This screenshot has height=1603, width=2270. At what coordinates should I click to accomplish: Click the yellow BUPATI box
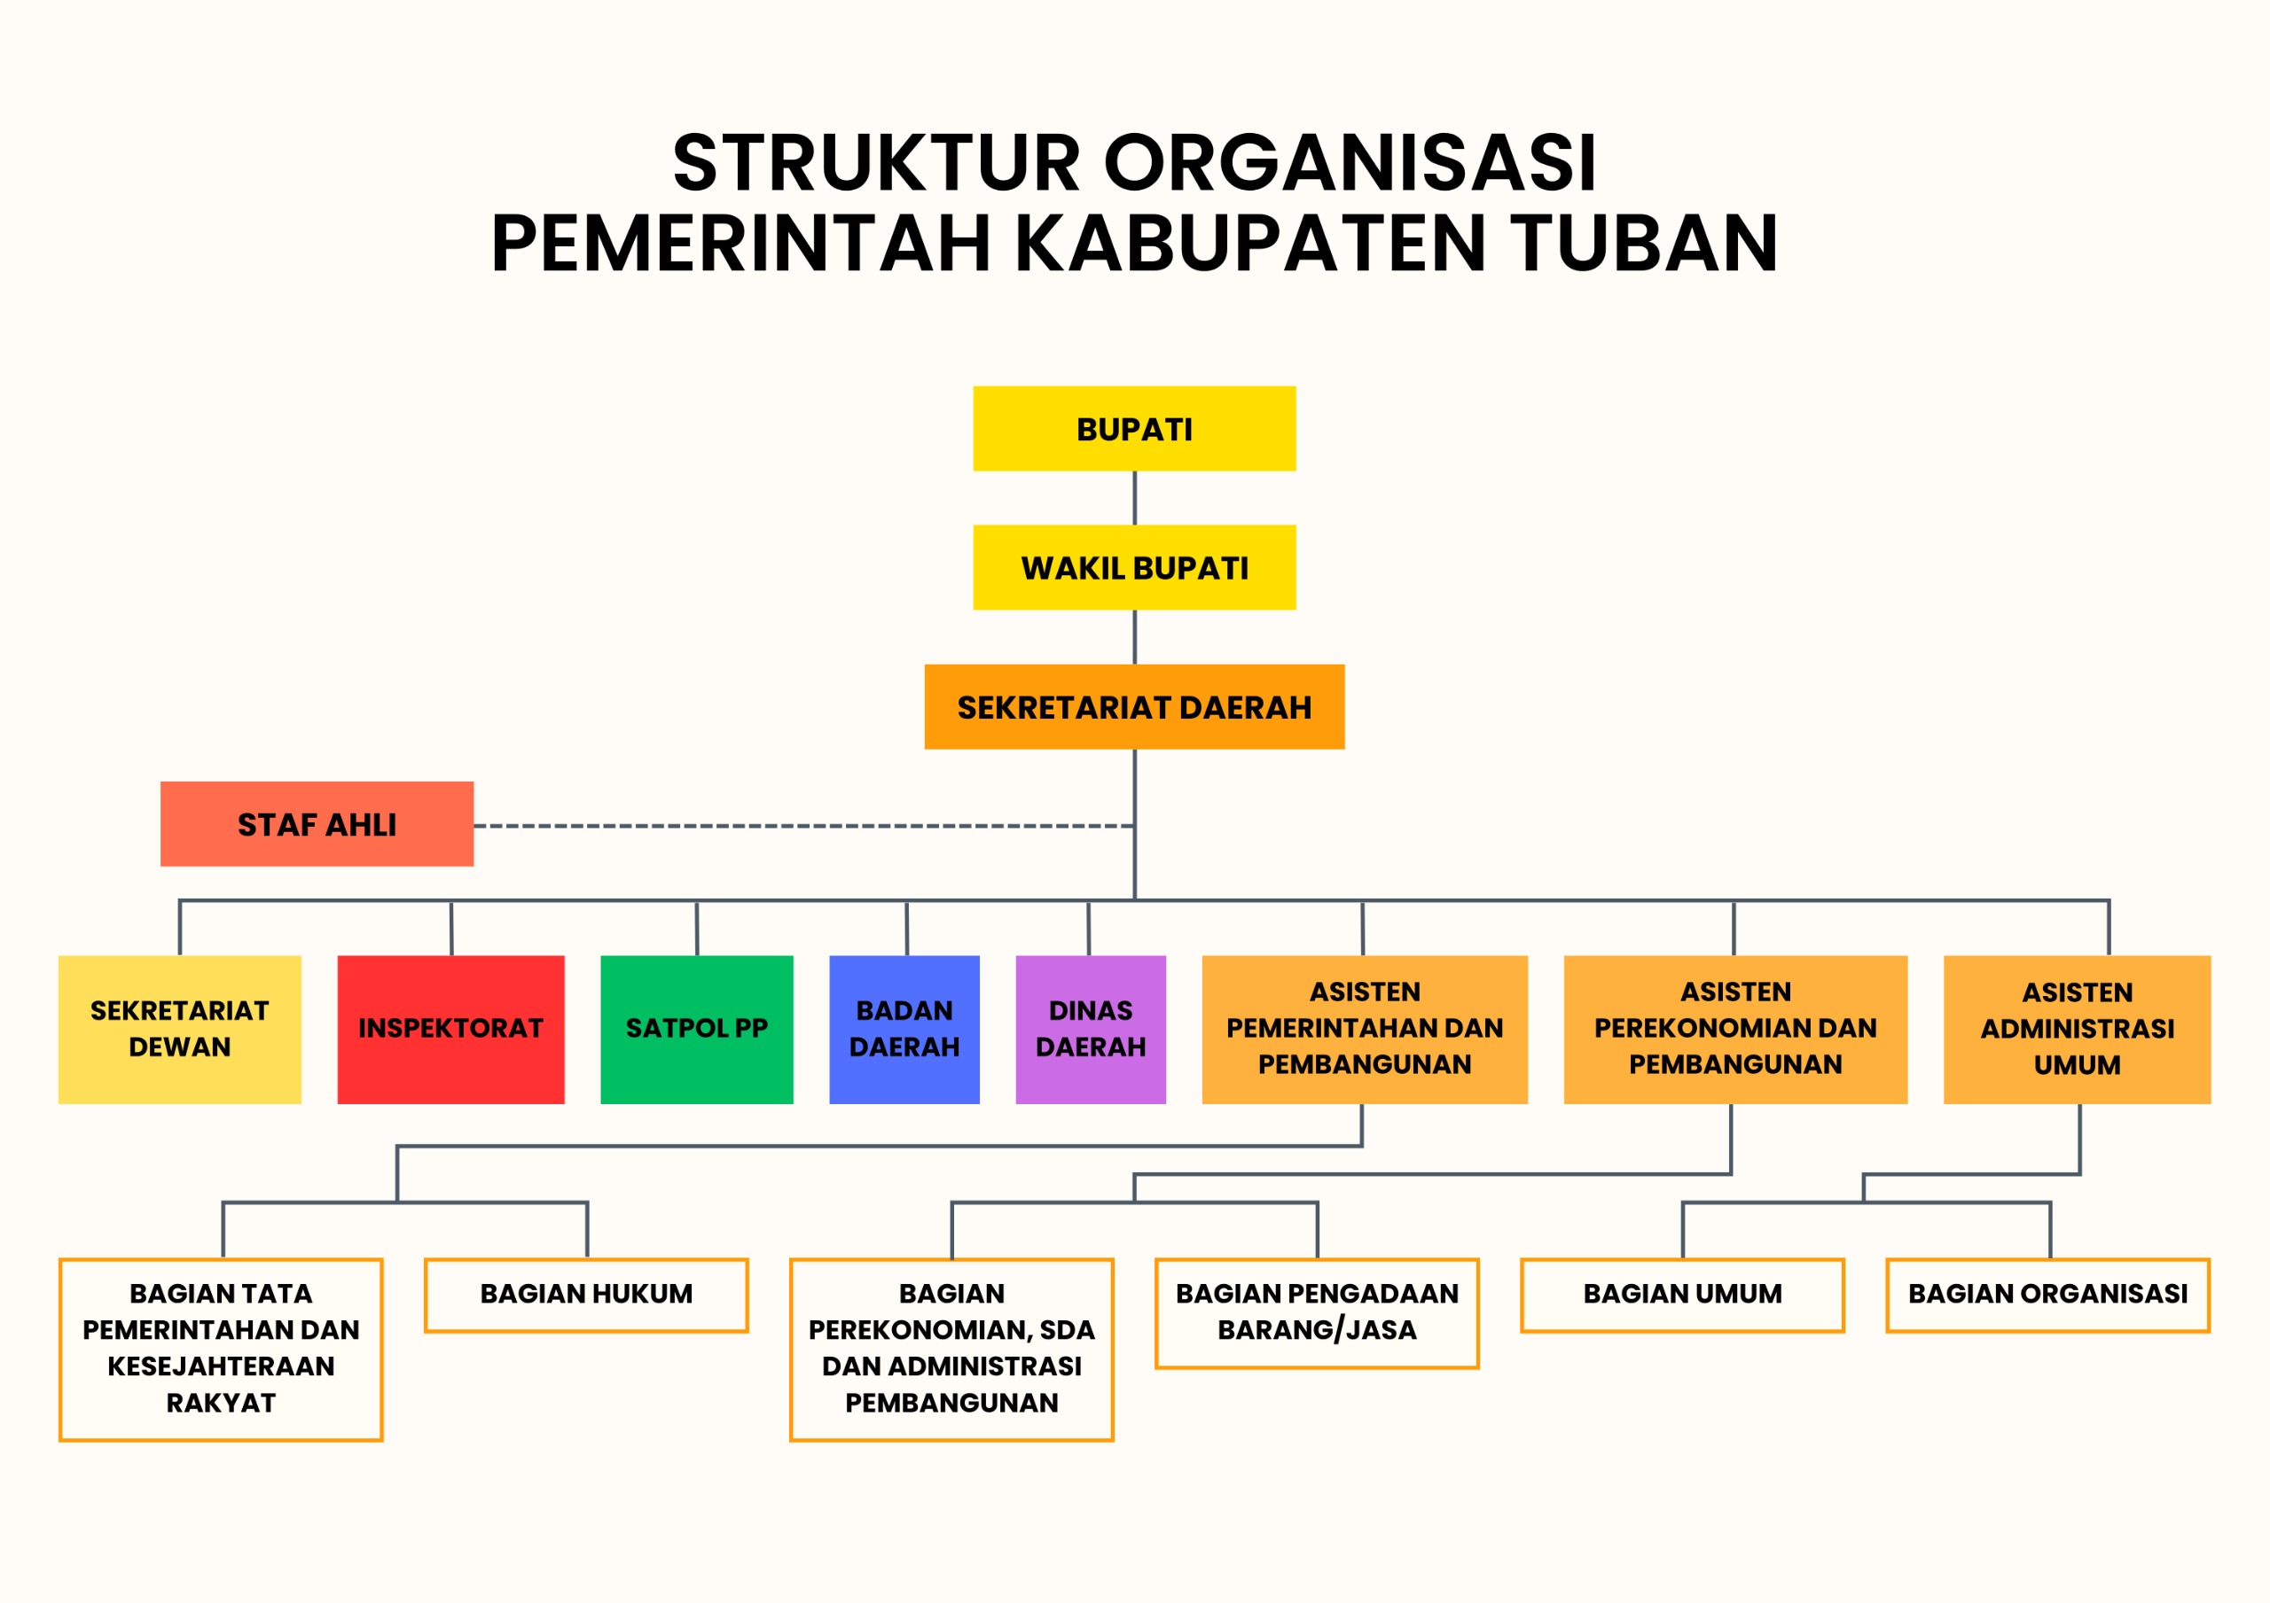pos(1134,428)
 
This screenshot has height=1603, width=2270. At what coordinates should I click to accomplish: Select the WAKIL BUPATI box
pos(1134,567)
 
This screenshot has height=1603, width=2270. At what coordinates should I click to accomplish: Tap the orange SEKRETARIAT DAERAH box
pos(1134,706)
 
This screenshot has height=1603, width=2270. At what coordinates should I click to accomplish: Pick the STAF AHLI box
pos(317,824)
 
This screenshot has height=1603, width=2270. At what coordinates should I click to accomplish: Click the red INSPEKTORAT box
pos(450,1029)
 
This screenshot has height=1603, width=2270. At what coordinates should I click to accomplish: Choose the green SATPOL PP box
pos(697,1029)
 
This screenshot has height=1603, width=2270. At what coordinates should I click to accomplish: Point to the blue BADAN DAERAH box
pos(904,1029)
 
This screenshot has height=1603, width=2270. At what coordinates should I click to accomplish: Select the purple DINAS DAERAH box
pos(1091,1029)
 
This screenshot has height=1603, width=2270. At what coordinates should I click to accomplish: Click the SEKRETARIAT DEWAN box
pos(180,1029)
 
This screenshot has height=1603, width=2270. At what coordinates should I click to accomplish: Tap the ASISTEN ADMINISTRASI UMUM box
pos(2078,1029)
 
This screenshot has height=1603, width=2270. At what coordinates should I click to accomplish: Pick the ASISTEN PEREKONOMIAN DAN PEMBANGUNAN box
pos(1735,1029)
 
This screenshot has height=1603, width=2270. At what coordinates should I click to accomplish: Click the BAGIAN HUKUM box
pos(586,1295)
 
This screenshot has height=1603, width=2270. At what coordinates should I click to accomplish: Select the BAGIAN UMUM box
pos(1683,1295)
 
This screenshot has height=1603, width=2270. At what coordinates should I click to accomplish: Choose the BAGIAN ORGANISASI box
pos(2047,1295)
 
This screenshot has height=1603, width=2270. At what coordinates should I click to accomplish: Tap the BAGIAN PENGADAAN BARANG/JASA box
pos(1317,1313)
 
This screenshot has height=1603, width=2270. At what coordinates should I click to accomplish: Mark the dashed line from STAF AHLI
pos(803,825)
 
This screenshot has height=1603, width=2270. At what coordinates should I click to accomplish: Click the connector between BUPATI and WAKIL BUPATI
pos(1134,498)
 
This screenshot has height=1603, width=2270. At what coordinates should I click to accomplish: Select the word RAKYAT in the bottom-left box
pos(221,1403)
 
